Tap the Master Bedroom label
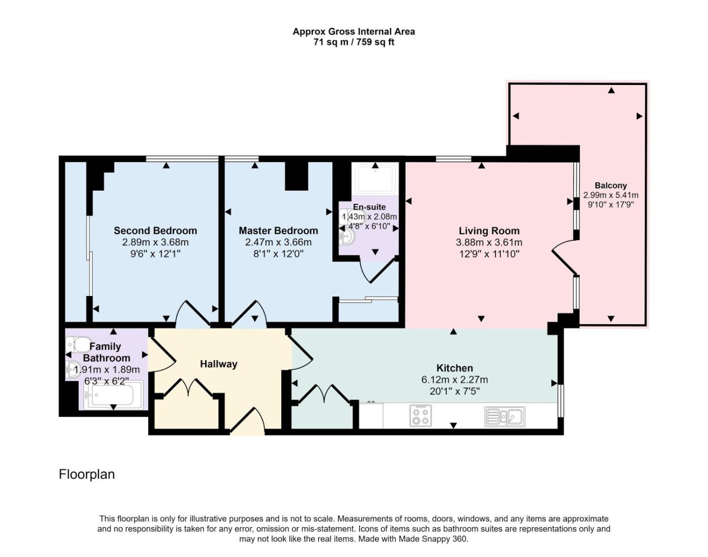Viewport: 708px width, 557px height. (x=278, y=230)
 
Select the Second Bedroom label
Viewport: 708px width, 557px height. (x=155, y=230)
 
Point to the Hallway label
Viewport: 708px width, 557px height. (x=218, y=364)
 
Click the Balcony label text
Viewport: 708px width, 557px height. (x=610, y=185)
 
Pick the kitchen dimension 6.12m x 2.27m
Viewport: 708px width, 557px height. (x=454, y=379)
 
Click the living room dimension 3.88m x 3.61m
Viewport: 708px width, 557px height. (x=489, y=243)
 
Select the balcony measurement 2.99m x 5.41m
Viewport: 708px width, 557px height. (x=610, y=195)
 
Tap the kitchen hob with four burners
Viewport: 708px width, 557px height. (x=420, y=415)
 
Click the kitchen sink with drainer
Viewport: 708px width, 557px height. (x=504, y=416)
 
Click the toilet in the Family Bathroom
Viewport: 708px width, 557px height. (x=78, y=345)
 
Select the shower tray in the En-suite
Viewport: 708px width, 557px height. (x=375, y=178)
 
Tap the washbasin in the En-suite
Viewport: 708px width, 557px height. (x=347, y=236)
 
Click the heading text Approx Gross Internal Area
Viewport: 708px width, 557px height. (x=353, y=31)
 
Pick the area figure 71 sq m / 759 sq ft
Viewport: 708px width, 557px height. (x=353, y=42)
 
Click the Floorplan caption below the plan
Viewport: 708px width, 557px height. (x=87, y=475)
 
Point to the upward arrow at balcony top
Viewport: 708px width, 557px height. (x=611, y=90)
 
